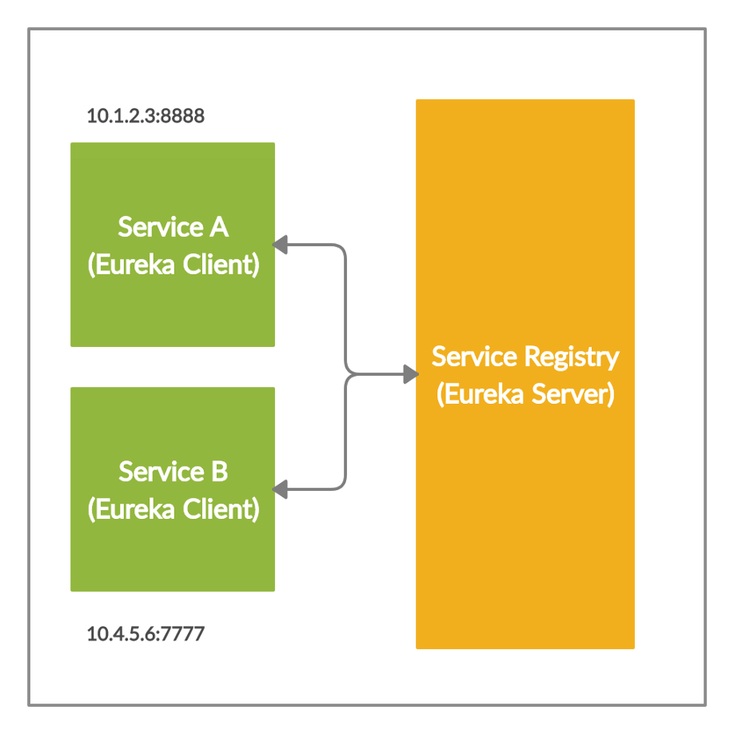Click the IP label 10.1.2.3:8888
coord(146,116)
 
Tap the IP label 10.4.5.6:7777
coord(146,635)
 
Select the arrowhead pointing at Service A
coord(280,244)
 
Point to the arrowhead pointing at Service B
coord(280,489)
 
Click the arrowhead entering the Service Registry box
coord(410,373)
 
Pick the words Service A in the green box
coord(173,227)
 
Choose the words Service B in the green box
coord(173,472)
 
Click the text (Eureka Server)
coord(525,394)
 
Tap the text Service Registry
coord(525,357)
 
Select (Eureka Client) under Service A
coord(173,265)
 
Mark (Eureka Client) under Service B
coord(173,509)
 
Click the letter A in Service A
coord(218,227)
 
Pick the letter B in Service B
coord(218,472)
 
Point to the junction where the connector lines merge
coord(346,373)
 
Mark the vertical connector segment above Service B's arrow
coord(345,436)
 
